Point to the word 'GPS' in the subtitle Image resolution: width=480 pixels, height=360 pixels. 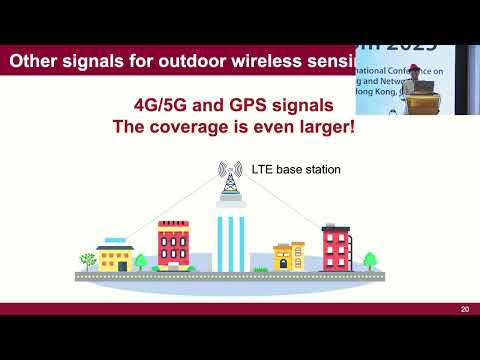pos(259,106)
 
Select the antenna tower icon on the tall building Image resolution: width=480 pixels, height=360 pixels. pos(231,181)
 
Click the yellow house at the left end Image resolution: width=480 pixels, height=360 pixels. pos(115,256)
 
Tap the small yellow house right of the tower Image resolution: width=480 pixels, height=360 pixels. pos(289,256)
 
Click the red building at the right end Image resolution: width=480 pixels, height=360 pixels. pos(335,247)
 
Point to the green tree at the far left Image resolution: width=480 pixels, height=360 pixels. pos(88,262)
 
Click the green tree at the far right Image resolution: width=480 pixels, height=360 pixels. pos(371,261)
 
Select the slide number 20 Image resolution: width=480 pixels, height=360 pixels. pos(465,309)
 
